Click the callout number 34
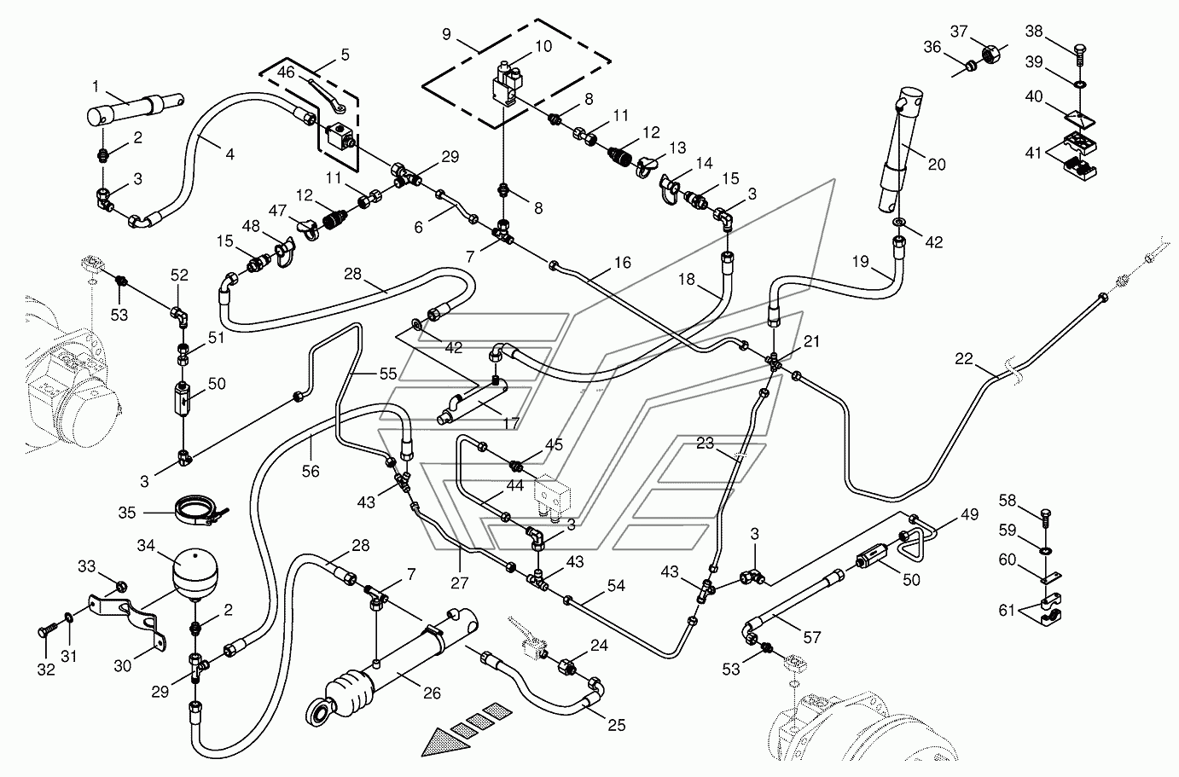point(148,544)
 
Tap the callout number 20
point(936,165)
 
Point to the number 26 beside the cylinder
point(432,693)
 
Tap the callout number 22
point(963,360)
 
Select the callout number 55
point(388,374)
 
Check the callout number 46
point(285,74)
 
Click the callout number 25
point(616,725)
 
